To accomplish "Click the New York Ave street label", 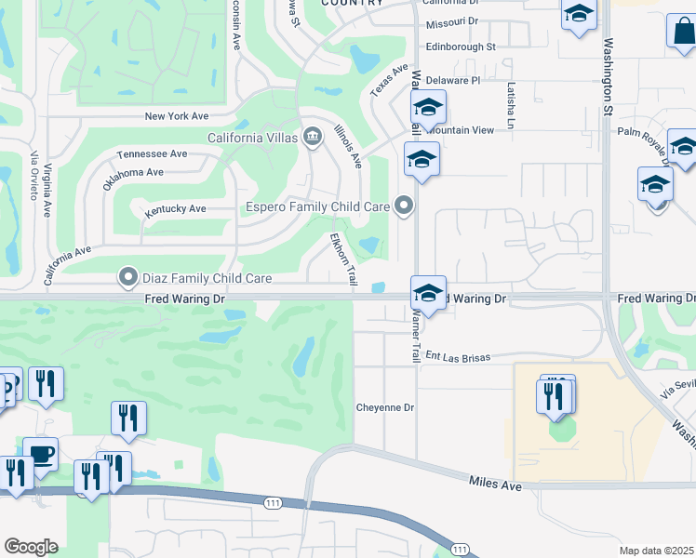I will point(176,116).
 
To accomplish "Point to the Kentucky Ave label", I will point(175,209).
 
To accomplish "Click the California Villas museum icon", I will point(312,138).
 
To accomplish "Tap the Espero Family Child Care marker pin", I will point(403,206).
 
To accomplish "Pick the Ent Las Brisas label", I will point(457,355).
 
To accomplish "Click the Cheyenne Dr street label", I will point(384,407).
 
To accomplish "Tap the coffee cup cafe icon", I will point(40,454).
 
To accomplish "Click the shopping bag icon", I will point(682,31).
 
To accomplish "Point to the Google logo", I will point(31,547).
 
